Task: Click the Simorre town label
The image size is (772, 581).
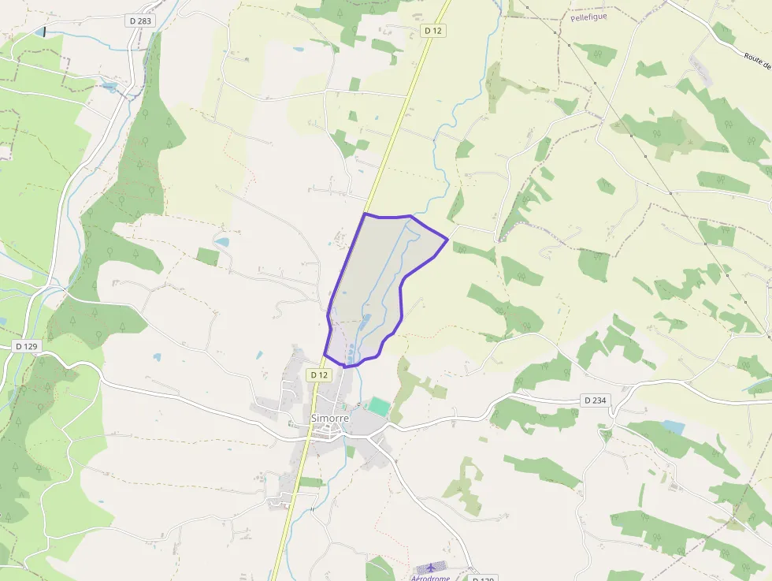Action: (330, 418)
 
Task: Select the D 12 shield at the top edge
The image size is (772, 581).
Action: (433, 30)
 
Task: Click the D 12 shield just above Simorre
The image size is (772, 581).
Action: (318, 375)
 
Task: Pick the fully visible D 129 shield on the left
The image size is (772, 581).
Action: (26, 346)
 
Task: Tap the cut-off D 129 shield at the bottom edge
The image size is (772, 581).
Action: (483, 579)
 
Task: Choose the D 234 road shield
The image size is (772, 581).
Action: (596, 400)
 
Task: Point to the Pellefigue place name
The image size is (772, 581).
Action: (588, 17)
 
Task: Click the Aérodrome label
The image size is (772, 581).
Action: (430, 578)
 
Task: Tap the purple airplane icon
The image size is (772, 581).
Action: (430, 568)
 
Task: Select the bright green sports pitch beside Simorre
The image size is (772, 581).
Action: (379, 408)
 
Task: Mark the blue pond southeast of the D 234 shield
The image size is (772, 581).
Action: (674, 427)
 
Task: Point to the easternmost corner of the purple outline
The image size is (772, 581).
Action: (447, 239)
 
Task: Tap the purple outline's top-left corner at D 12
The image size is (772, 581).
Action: (365, 214)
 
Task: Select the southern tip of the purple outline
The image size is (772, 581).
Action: (346, 367)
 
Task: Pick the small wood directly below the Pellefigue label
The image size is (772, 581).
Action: (596, 54)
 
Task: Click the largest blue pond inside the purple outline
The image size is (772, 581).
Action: (365, 322)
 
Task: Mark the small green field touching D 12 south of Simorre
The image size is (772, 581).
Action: (310, 482)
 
